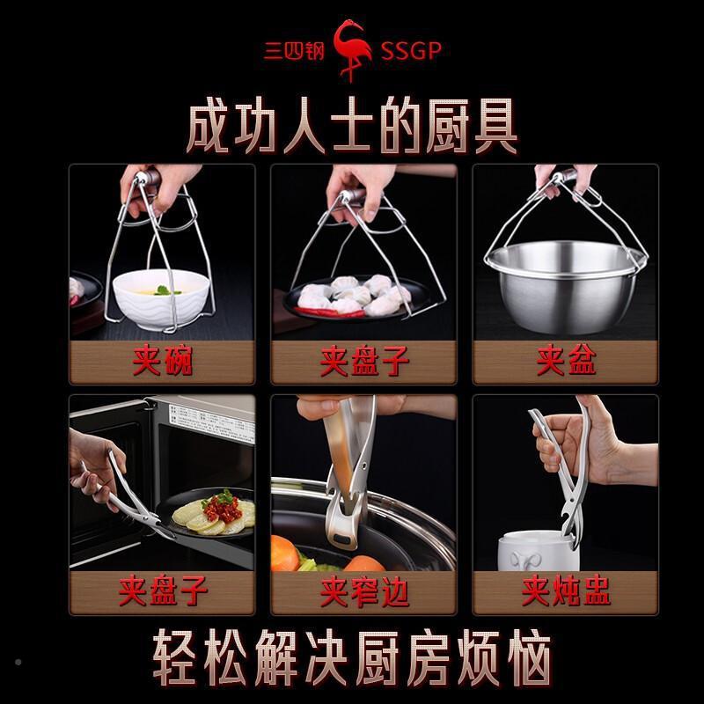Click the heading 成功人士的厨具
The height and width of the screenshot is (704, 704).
(352, 126)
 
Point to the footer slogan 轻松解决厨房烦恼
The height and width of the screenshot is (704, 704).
(352, 656)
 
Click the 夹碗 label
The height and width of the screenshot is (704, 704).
(162, 362)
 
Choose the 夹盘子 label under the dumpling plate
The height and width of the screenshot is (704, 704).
(363, 362)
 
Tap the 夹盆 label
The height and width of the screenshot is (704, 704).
(565, 362)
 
